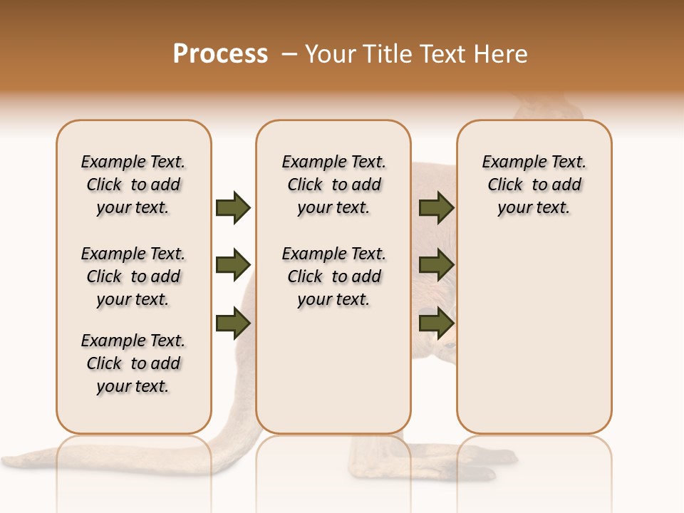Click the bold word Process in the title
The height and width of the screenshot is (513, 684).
(220, 54)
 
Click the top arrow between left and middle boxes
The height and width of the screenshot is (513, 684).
(232, 207)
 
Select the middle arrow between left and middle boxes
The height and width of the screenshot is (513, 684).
(232, 265)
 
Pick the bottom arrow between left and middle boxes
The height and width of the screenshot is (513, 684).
(232, 323)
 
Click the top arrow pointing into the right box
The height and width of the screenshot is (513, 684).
(436, 207)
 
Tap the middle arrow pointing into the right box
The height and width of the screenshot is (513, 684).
(436, 265)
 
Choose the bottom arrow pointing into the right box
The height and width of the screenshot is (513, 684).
(436, 323)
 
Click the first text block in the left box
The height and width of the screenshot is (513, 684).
(133, 185)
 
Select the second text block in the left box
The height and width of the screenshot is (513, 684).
(133, 276)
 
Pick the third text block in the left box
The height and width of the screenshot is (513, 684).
(133, 363)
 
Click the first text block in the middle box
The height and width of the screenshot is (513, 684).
(333, 185)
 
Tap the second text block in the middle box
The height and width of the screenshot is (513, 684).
(333, 276)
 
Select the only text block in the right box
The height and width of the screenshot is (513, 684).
(534, 185)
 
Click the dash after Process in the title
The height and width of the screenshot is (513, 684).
(289, 54)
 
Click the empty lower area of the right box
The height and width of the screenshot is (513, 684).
(534, 342)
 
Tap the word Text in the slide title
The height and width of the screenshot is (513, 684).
(445, 54)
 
